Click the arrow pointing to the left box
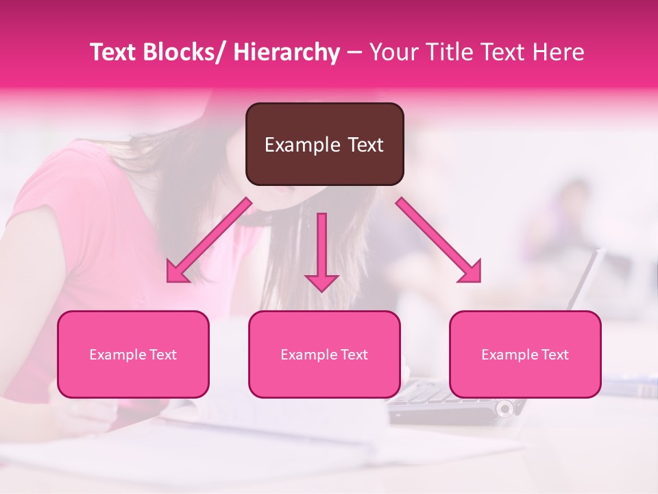pos(209,240)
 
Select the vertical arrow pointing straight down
pos(321,251)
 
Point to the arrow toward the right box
pos(439,240)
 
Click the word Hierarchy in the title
pos(287,52)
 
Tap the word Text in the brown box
pos(365,145)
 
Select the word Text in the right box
pos(555,355)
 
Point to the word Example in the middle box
pos(306,355)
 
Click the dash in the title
pos(354,54)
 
